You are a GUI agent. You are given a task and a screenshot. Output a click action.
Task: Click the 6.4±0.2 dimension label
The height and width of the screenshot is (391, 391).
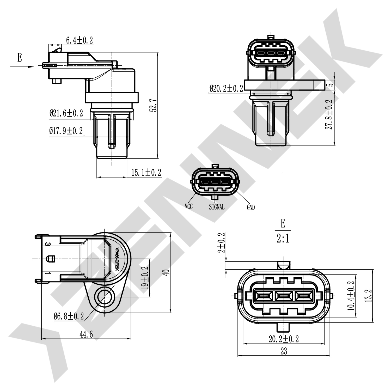pyautogui.click(x=79, y=40)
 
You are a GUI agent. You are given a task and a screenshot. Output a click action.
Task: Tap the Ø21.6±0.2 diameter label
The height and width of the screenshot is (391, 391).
pyautogui.click(x=66, y=113)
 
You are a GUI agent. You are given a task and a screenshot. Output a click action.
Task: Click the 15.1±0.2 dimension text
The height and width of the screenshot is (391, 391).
pyautogui.click(x=146, y=173)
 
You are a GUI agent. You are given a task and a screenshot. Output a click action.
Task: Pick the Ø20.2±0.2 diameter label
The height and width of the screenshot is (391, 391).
pyautogui.click(x=226, y=89)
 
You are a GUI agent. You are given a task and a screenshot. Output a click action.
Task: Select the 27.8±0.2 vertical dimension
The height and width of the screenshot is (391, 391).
pyautogui.click(x=330, y=114)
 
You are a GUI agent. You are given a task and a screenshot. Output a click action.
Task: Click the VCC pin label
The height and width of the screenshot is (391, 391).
pyautogui.click(x=189, y=207)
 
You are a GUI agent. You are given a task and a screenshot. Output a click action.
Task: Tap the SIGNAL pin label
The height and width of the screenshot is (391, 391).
pyautogui.click(x=217, y=207)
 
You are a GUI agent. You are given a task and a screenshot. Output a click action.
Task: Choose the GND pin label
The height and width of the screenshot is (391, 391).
pyautogui.click(x=251, y=207)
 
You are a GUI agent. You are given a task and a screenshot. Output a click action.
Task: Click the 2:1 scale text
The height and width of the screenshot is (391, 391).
pyautogui.click(x=283, y=239)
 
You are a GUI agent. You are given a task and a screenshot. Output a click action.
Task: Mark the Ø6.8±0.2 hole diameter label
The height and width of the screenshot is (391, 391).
pyautogui.click(x=69, y=316)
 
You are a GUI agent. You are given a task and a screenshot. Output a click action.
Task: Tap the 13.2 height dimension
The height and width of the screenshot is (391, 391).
pyautogui.click(x=368, y=296)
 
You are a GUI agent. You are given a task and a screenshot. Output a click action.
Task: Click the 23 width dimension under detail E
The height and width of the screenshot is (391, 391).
pyautogui.click(x=284, y=351)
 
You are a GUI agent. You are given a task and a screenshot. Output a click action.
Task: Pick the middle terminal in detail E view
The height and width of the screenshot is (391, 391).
pyautogui.click(x=284, y=296)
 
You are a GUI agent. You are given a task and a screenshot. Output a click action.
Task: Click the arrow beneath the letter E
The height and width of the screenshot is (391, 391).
pyautogui.click(x=22, y=67)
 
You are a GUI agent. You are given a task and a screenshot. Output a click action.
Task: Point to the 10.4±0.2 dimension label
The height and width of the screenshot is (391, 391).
pyautogui.click(x=352, y=296)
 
